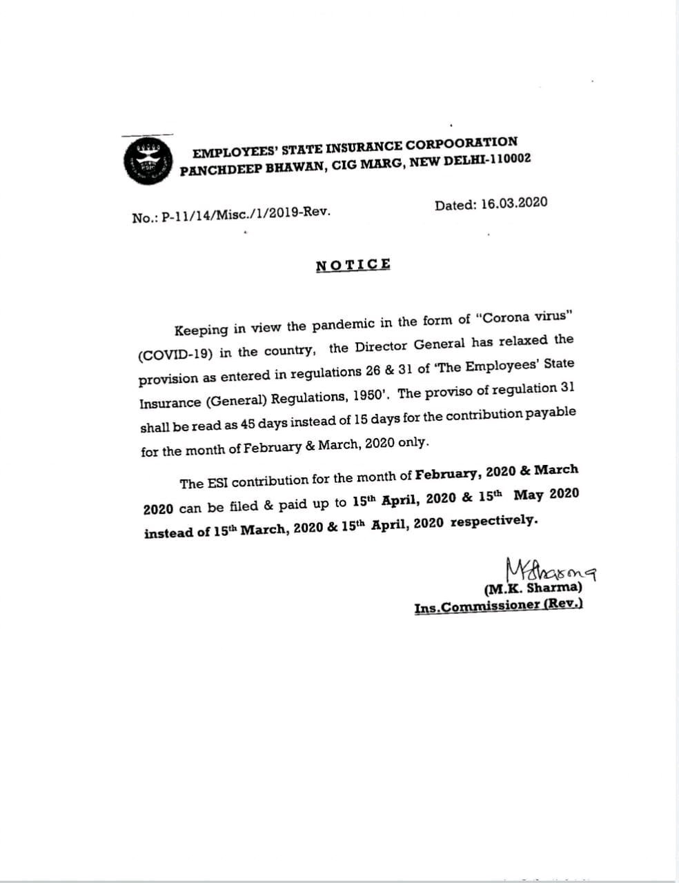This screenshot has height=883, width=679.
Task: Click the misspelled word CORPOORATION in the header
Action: pyautogui.click(x=461, y=143)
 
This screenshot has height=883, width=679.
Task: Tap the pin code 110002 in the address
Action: pyautogui.click(x=504, y=159)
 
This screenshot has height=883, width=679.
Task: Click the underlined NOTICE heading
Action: pyautogui.click(x=353, y=265)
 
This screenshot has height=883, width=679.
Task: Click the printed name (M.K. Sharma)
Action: pyautogui.click(x=533, y=588)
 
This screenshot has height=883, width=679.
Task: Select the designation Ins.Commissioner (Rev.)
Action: pyautogui.click(x=498, y=606)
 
